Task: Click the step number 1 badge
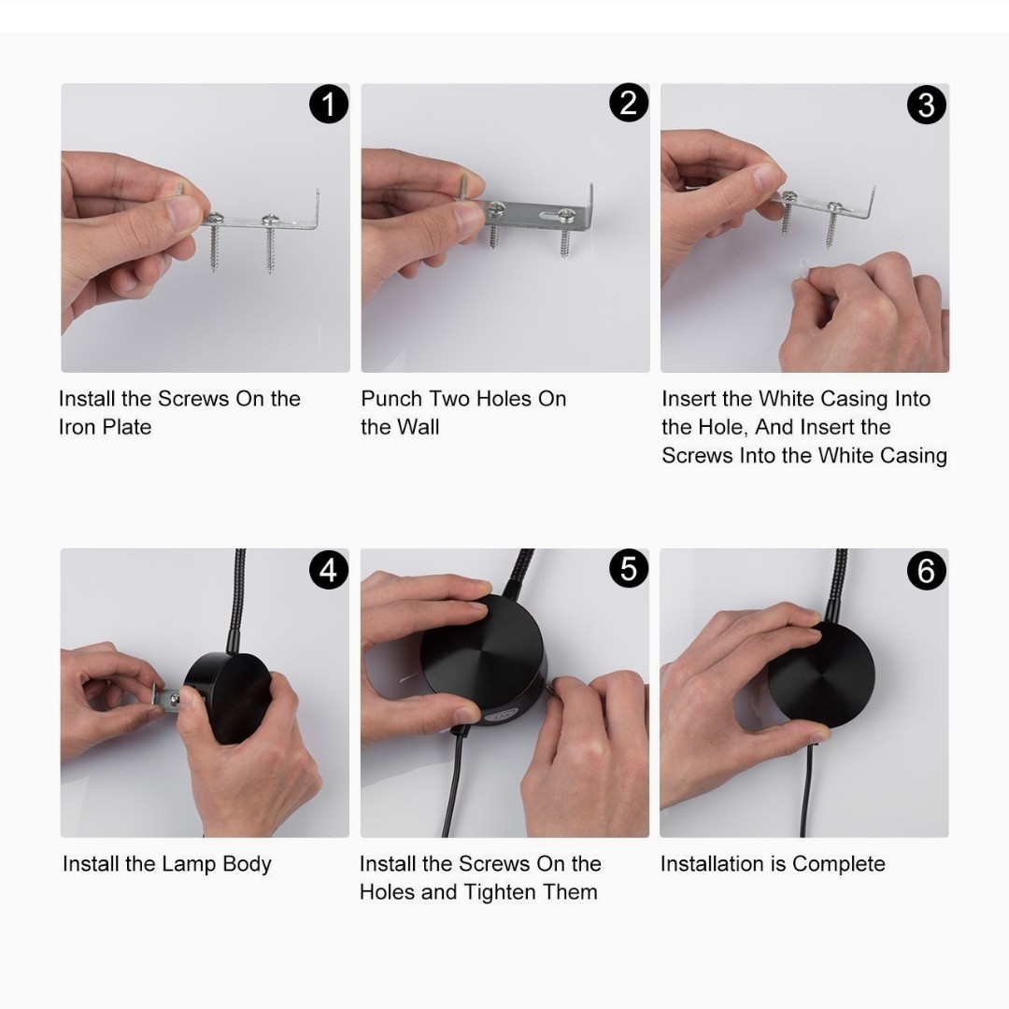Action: click(329, 105)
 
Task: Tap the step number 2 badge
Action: click(629, 104)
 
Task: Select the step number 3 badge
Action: click(927, 105)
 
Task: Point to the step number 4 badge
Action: click(328, 570)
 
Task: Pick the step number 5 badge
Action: click(629, 569)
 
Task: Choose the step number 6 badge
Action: click(927, 570)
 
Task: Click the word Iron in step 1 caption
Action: click(78, 427)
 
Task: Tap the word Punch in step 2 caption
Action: click(391, 398)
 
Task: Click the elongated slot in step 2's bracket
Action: click(537, 216)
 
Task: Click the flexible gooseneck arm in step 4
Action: click(236, 602)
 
